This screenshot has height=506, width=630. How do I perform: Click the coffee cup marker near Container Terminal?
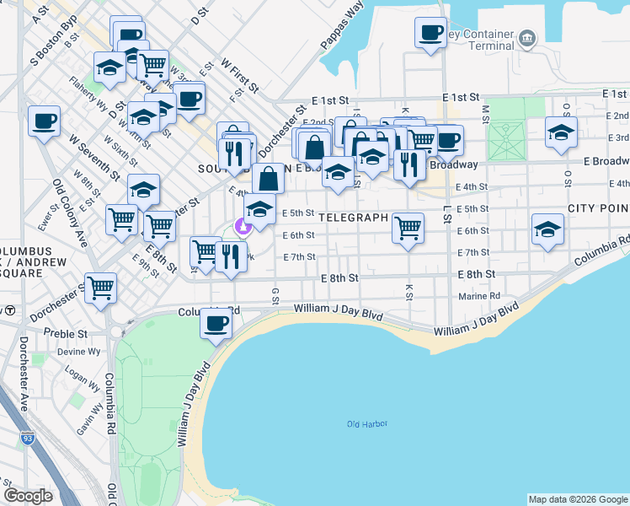430,33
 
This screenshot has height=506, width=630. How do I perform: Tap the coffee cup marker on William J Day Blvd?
216,324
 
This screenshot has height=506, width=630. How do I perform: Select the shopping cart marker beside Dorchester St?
100,288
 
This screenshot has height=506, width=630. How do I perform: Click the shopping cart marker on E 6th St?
408,227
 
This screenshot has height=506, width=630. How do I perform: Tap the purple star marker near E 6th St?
243,226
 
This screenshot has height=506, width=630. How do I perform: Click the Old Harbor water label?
366,423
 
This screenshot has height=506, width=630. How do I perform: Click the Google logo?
28,496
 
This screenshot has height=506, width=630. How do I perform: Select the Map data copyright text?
578,499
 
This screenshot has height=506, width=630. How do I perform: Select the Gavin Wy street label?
88,415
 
